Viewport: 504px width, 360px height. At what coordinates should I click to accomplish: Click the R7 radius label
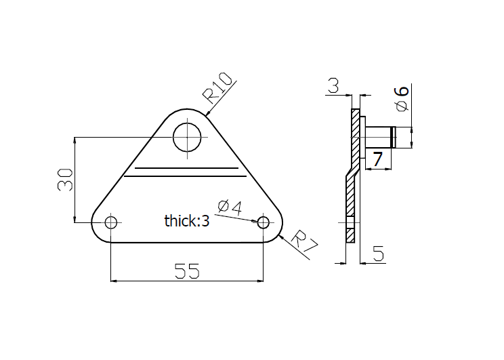[x=304, y=243]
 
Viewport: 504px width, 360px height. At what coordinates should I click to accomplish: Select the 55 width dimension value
[x=187, y=271]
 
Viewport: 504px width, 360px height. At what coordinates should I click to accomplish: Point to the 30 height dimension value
[x=65, y=180]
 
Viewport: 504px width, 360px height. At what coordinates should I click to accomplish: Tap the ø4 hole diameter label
[x=230, y=207]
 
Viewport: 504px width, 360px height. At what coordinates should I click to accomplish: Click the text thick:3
[x=187, y=220]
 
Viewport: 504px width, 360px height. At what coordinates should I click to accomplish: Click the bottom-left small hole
[x=111, y=222]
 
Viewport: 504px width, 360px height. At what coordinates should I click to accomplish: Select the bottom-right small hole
[x=264, y=222]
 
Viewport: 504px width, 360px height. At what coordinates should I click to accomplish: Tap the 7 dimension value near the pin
[x=377, y=159]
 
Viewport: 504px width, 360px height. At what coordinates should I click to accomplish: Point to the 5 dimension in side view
[x=378, y=255]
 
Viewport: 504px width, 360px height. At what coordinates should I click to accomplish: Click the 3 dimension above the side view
[x=333, y=86]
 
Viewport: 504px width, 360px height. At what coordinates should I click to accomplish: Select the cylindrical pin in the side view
[x=381, y=137]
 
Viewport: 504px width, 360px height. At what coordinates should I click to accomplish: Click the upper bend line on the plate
[x=187, y=167]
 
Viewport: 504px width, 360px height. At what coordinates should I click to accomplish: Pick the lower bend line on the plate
[x=187, y=177]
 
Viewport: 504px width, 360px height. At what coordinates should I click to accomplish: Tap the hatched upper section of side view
[x=356, y=136]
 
